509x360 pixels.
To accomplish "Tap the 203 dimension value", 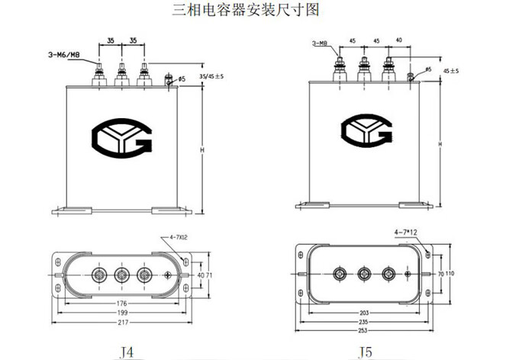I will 366,313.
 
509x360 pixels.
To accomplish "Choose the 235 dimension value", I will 366,322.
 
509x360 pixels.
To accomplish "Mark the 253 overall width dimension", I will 366,332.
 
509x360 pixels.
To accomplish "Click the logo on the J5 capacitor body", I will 369,130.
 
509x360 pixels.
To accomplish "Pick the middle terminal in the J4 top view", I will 121,273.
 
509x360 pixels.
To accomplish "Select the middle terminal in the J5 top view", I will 365,273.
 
